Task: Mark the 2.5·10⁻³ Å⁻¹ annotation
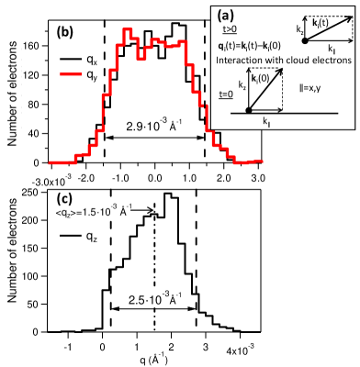(x=154, y=297)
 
